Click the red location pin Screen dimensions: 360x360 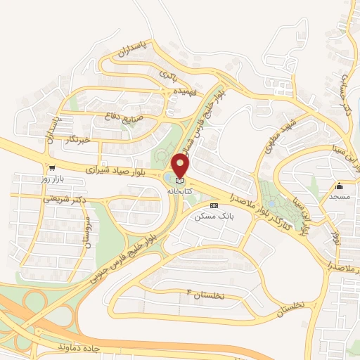click(x=181, y=166)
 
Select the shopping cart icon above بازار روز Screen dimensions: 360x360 click(x=52, y=169)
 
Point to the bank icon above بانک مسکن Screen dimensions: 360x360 click(x=214, y=206)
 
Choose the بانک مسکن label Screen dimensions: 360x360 click(x=215, y=217)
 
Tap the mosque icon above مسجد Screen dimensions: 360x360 click(x=339, y=186)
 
